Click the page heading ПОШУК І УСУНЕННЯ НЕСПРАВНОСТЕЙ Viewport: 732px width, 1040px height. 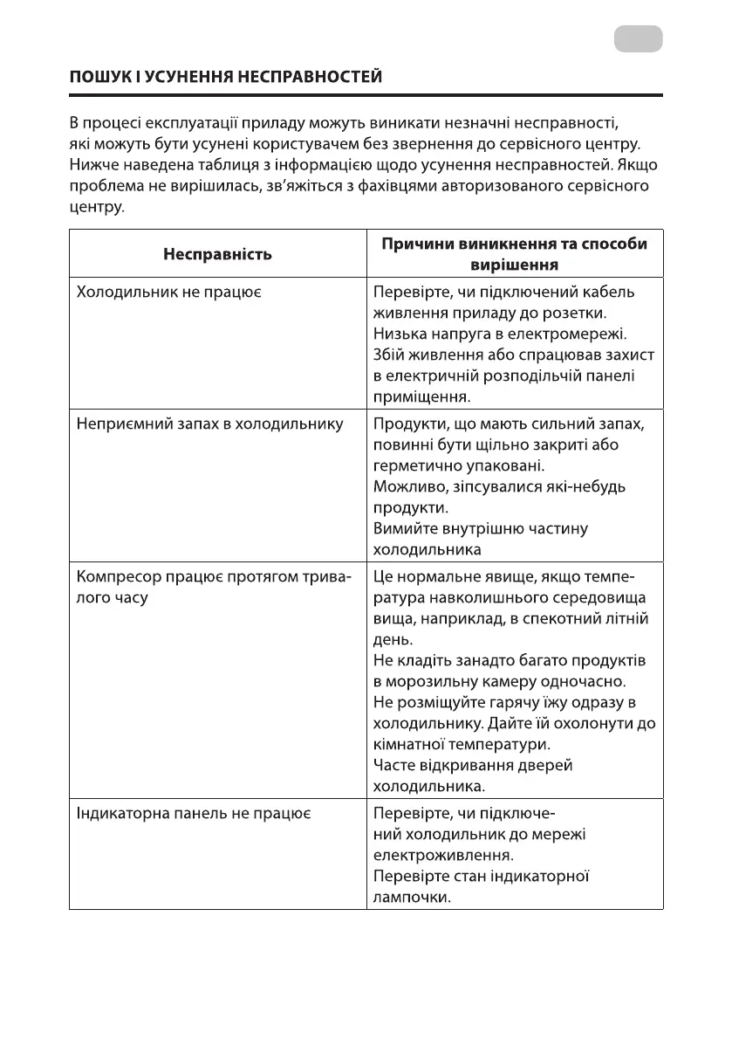coord(226,77)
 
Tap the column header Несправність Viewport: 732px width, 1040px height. coord(217,254)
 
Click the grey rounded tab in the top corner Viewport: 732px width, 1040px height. coord(638,39)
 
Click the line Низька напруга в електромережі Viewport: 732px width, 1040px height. coord(500,334)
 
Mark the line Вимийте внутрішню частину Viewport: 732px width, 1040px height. coord(481,528)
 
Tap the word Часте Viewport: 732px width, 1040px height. coord(393,765)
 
